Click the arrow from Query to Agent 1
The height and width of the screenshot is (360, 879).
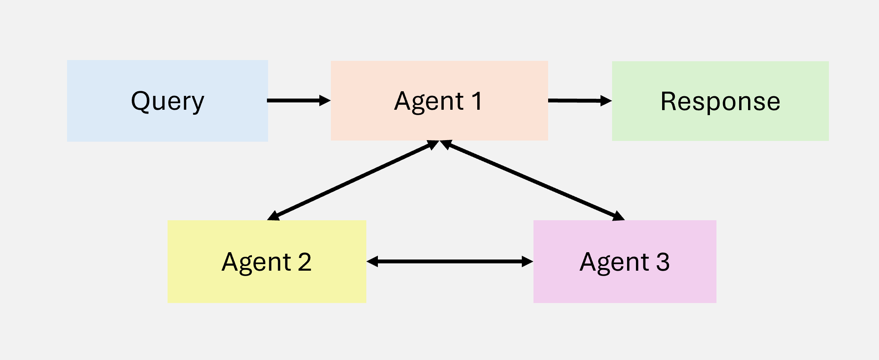click(x=297, y=100)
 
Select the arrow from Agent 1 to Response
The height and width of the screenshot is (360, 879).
click(x=578, y=100)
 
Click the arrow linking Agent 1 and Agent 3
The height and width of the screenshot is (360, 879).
click(x=532, y=180)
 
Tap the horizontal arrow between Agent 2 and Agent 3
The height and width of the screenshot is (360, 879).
click(x=450, y=261)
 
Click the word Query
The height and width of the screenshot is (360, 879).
click(x=167, y=102)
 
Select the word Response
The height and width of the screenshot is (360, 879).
click(x=720, y=101)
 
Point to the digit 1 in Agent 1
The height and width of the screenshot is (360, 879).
click(x=477, y=101)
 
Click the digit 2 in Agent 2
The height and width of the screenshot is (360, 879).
click(x=304, y=262)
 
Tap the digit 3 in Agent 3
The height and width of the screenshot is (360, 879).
click(x=663, y=262)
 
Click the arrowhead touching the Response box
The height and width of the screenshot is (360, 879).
click(x=606, y=101)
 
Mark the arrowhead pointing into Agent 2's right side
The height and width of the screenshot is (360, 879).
click(x=372, y=261)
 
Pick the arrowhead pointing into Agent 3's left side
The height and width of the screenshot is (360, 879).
click(x=527, y=261)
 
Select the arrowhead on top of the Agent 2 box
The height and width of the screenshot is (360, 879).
click(x=273, y=216)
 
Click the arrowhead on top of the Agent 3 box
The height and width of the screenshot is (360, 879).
click(x=618, y=216)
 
